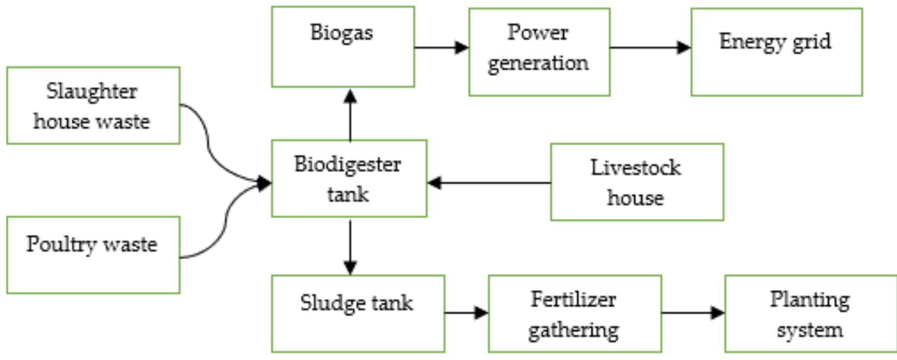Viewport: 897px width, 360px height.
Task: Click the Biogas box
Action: pyautogui.click(x=343, y=47)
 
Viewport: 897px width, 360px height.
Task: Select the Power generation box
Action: pyautogui.click(x=539, y=52)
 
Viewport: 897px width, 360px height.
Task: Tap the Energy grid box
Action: pyautogui.click(x=776, y=52)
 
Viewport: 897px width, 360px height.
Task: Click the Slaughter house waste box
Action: pyautogui.click(x=93, y=105)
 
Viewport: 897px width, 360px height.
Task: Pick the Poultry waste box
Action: pyautogui.click(x=93, y=255)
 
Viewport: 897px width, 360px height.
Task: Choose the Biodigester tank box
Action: pyautogui.click(x=348, y=178)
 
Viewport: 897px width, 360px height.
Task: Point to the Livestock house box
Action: pyautogui.click(x=637, y=182)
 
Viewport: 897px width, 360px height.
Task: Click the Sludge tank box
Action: pyautogui.click(x=358, y=313)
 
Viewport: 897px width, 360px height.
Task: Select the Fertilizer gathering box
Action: pyautogui.click(x=574, y=313)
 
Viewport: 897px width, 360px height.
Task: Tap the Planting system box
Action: pyautogui.click(x=810, y=313)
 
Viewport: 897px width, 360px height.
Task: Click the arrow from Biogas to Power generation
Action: pyautogui.click(x=441, y=48)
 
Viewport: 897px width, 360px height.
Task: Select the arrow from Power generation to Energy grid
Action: pyautogui.click(x=650, y=48)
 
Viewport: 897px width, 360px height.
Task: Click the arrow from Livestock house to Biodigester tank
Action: pyautogui.click(x=489, y=183)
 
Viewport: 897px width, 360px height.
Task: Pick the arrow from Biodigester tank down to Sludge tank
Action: pyautogui.click(x=350, y=246)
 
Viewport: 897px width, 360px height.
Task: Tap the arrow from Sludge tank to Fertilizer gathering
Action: pyautogui.click(x=466, y=312)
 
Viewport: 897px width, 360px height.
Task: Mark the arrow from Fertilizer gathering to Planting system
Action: pyautogui.click(x=692, y=312)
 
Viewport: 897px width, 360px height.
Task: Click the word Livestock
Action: pyautogui.click(x=636, y=168)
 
